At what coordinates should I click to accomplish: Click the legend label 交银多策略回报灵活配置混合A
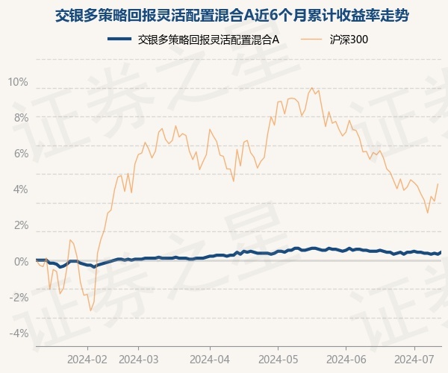coord(208,39)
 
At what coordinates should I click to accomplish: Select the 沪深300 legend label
coord(349,39)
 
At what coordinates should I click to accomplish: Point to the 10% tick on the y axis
coord(19,82)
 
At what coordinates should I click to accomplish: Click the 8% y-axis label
coord(20,118)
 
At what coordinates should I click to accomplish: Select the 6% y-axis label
coord(20,154)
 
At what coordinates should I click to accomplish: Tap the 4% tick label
coord(20,189)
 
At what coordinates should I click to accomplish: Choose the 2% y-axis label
coord(20,225)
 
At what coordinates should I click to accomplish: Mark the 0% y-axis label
coord(20,261)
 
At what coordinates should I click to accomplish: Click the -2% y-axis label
coord(19,297)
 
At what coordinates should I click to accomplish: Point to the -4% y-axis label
coord(19,333)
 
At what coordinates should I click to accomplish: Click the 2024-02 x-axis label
coord(87,359)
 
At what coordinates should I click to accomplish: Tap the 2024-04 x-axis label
coord(210,359)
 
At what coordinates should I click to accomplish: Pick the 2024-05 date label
coord(277,359)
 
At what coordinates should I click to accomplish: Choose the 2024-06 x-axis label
coord(346,359)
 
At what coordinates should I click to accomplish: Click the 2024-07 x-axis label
coord(415,359)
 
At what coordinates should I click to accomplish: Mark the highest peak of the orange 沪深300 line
coord(312,88)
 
